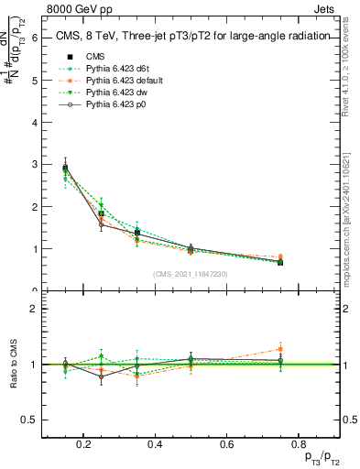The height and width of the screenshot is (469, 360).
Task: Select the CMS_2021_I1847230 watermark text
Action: tap(191, 274)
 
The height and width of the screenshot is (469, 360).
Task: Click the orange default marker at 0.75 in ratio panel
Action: tap(280, 349)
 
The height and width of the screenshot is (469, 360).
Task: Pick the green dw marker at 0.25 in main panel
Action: tap(102, 204)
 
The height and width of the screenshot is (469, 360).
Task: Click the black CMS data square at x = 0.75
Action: tap(280, 262)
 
